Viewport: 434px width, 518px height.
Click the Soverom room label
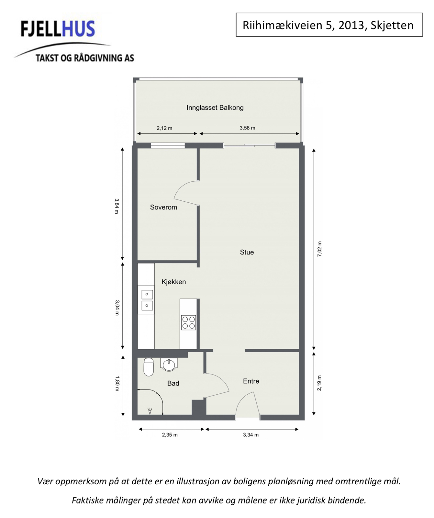163,207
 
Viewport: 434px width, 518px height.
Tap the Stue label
247,252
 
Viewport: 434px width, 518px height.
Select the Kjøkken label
173,282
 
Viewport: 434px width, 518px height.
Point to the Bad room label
173,383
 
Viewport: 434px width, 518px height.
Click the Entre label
251,381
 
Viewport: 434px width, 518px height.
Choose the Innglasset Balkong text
215,107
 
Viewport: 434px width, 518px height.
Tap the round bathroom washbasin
169,365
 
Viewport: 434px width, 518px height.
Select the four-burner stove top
188,322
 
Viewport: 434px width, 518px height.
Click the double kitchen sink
147,300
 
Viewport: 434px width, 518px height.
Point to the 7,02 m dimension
319,249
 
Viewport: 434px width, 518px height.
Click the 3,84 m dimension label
117,206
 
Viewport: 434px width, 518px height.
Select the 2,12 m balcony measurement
164,128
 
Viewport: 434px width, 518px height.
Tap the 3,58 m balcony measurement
247,128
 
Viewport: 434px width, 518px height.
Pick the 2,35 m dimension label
170,435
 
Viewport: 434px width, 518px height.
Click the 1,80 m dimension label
117,383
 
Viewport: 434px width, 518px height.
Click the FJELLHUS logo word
58,29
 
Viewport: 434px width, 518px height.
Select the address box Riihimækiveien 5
329,25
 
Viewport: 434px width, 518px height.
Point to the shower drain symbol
150,411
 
